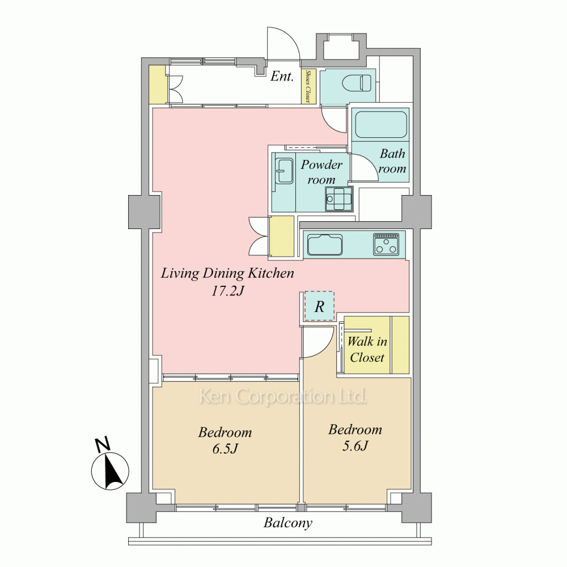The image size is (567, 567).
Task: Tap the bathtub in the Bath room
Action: coord(381,124)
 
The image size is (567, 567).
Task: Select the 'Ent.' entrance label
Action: coord(282,77)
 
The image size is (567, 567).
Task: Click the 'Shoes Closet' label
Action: coord(308,86)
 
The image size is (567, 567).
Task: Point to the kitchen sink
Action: coord(325,245)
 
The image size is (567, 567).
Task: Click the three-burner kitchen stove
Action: coord(387,244)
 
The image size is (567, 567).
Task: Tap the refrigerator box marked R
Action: coord(319,306)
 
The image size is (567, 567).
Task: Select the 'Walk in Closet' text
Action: coord(367,349)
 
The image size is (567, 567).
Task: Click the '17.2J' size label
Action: coord(228,291)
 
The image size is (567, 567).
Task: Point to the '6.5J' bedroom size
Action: coord(225,448)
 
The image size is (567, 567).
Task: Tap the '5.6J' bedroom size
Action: coord(355,446)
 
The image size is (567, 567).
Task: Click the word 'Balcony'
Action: coord(287,523)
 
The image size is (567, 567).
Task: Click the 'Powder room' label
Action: coord(321,172)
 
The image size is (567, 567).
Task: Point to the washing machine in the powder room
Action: coord(339,199)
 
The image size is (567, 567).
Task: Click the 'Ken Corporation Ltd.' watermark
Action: coord(283,397)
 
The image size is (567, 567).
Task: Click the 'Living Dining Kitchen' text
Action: coord(227,273)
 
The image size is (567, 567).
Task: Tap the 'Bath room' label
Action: coord(392,161)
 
